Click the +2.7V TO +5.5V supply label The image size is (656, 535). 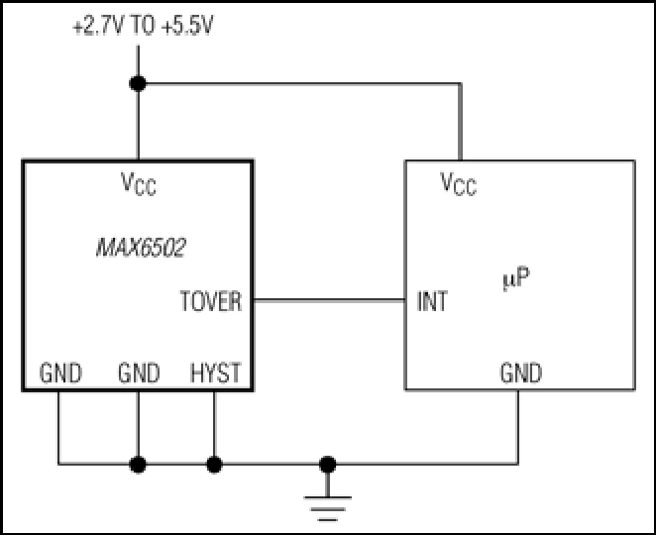143,26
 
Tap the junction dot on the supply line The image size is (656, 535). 138,83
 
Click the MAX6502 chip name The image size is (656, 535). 141,248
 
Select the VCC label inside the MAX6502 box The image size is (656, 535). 139,183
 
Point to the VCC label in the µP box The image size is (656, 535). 459,183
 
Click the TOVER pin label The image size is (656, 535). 211,301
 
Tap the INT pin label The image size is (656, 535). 432,301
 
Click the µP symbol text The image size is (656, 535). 516,277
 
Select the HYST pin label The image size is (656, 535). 215,373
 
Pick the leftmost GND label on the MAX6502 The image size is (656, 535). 60,373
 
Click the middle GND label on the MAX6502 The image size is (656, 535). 139,373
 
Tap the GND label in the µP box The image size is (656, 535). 521,373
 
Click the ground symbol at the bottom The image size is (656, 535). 328,508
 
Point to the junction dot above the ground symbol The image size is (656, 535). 328,465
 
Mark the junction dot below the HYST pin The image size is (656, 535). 214,465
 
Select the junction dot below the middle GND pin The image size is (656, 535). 138,465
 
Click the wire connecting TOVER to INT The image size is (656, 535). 329,300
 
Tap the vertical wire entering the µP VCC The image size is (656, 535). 460,122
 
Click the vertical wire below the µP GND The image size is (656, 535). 518,427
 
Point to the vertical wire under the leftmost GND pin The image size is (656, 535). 58,427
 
